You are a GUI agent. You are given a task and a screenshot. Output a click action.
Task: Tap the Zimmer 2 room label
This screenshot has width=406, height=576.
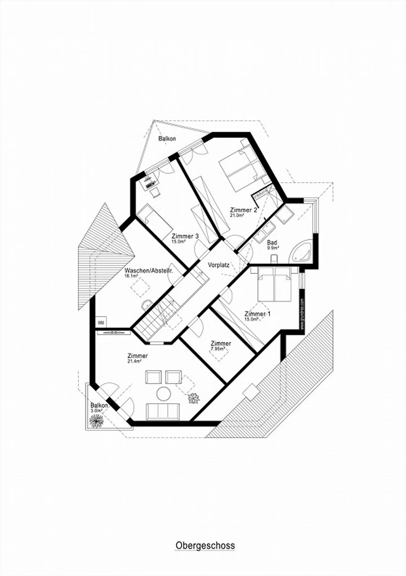(x=244, y=210)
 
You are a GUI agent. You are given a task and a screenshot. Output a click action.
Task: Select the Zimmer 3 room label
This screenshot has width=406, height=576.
(x=185, y=236)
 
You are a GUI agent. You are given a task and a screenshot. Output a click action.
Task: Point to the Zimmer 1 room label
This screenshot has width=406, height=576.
(x=257, y=314)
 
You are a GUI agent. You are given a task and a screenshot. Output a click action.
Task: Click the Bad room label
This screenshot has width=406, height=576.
(x=272, y=242)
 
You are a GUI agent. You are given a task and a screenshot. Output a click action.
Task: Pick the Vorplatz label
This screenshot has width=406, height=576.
(x=219, y=265)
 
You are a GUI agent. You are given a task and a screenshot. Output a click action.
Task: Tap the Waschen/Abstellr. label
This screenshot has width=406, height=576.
(x=148, y=271)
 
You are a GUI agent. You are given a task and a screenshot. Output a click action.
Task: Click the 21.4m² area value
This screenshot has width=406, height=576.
(x=134, y=361)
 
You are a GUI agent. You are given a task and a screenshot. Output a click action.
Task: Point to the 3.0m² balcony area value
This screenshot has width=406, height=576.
(x=96, y=410)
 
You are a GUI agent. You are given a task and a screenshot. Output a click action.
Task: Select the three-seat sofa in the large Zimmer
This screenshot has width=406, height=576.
(x=162, y=412)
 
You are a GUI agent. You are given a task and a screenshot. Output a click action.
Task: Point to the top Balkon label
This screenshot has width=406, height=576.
(x=167, y=139)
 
